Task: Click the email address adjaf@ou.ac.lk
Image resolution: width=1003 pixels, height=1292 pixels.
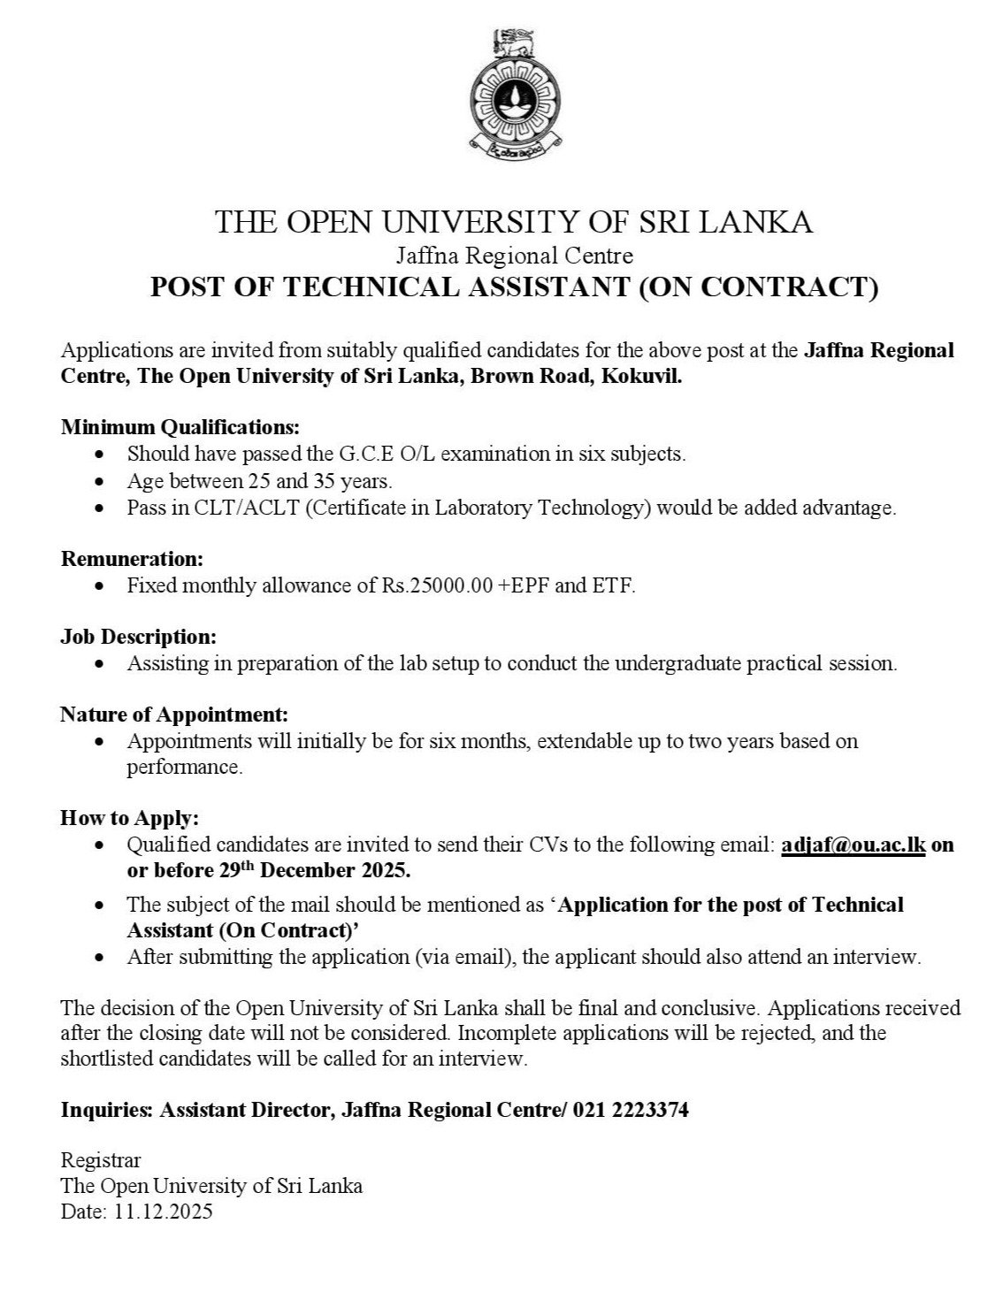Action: coord(854,845)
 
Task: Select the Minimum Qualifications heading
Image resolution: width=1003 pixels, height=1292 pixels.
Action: coord(180,428)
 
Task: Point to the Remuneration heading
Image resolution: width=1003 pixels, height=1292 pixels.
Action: coord(132,559)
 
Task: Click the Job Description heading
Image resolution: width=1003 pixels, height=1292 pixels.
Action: coord(138,637)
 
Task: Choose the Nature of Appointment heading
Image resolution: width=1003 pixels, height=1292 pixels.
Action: coord(174,714)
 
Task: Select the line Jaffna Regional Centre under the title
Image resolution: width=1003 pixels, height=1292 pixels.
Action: coord(515,256)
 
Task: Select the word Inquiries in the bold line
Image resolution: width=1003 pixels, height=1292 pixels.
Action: coord(106,1111)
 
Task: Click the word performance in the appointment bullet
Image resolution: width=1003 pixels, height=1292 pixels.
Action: coord(184,767)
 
